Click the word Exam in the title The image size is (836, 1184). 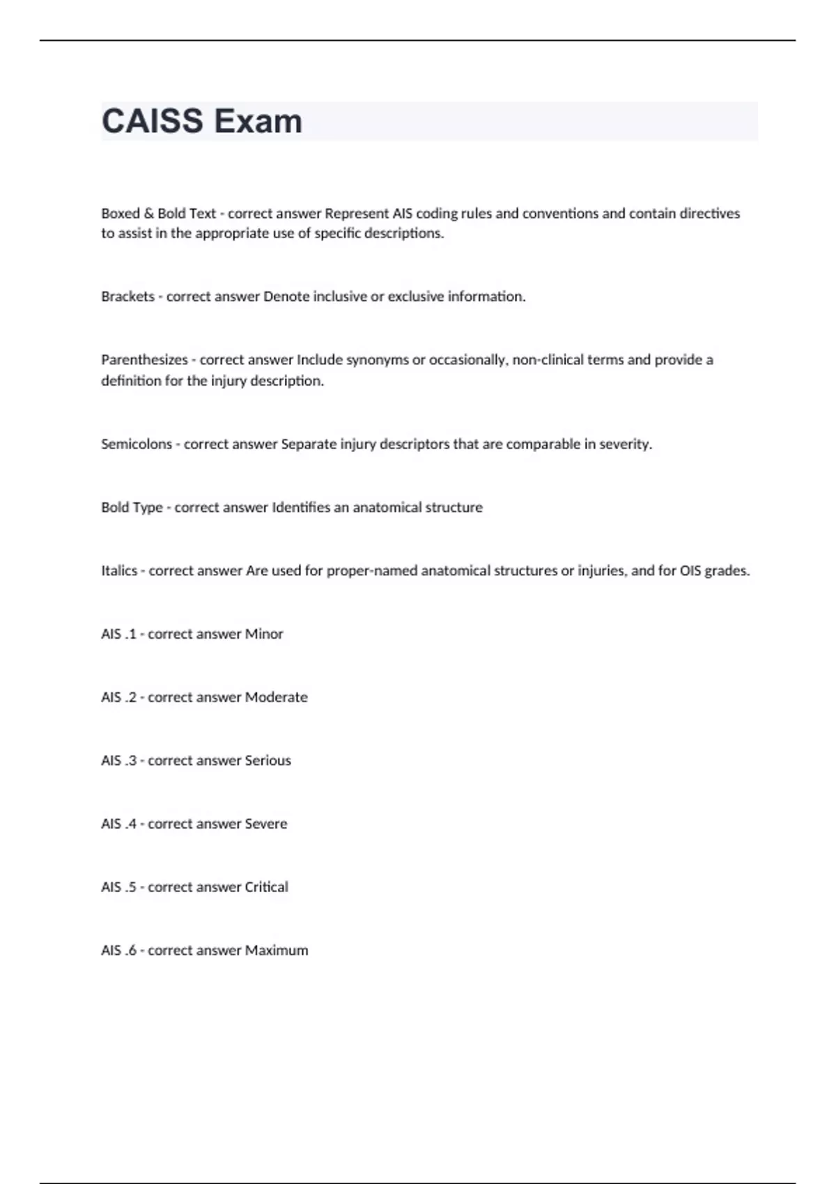coord(258,121)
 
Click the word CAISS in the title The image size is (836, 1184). coord(153,121)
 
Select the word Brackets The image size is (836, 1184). coord(127,297)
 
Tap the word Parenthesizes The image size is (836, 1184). coord(144,360)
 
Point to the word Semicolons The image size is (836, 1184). coord(137,444)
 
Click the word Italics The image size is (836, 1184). coord(119,571)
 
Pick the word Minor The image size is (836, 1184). coord(264,634)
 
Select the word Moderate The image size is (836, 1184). coord(276,698)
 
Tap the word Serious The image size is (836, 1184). coord(268,761)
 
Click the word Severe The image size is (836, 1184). coord(265,825)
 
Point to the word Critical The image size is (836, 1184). coord(266,887)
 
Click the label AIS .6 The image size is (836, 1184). coord(118,951)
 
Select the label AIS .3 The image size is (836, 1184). coord(118,761)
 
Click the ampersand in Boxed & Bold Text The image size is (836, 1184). coord(148,214)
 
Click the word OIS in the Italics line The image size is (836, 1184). coord(690,571)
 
